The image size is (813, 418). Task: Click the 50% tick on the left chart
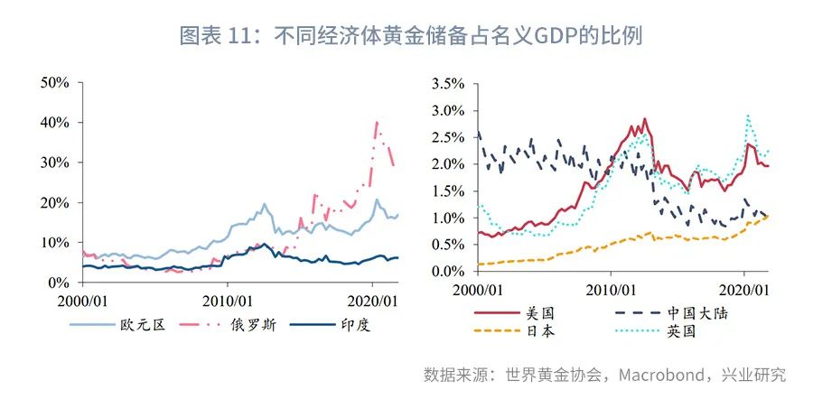pyautogui.click(x=55, y=82)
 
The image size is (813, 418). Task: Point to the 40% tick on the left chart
pyautogui.click(x=55, y=122)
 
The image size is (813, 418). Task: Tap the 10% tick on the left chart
pyautogui.click(x=55, y=243)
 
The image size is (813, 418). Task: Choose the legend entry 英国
pyautogui.click(x=683, y=331)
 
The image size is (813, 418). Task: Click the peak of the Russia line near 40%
pyautogui.click(x=377, y=122)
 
